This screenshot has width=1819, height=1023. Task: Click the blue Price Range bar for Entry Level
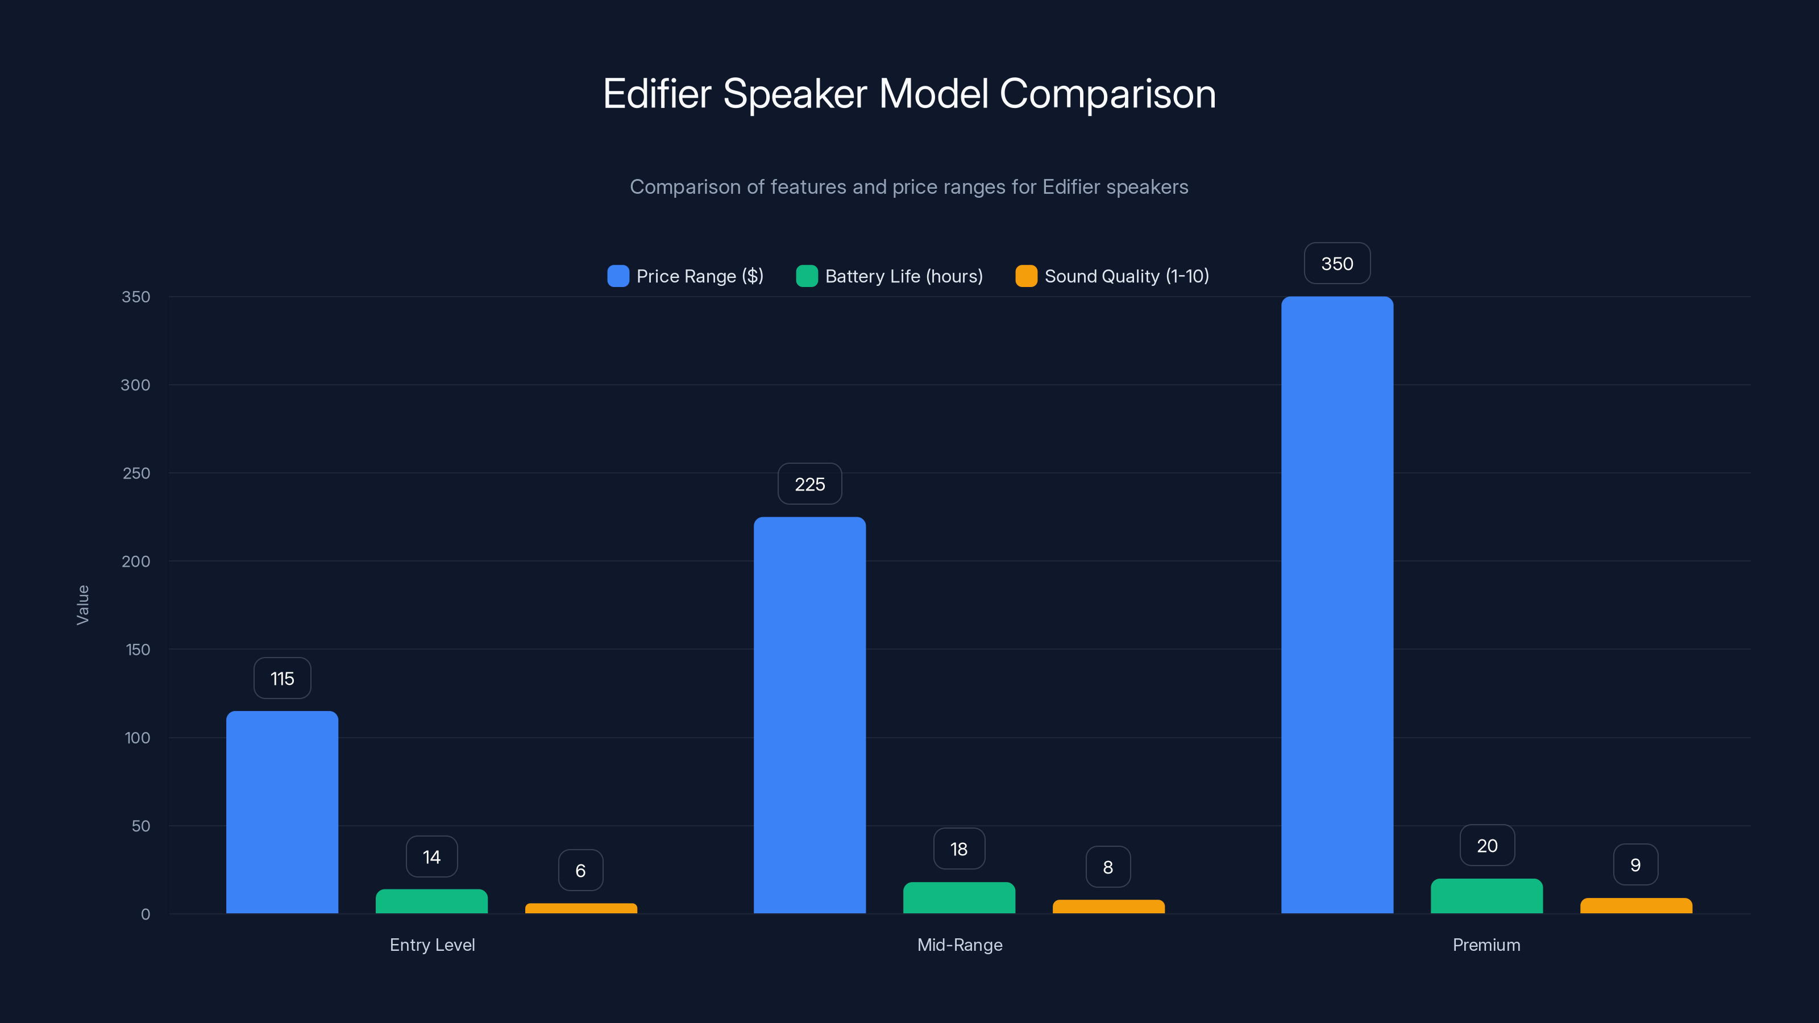click(x=282, y=812)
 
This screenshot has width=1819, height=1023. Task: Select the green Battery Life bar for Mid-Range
click(x=959, y=898)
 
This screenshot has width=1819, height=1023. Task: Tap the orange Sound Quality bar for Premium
click(x=1635, y=906)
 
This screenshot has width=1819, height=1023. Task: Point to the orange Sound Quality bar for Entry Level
click(x=580, y=909)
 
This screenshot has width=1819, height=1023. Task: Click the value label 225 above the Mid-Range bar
click(x=809, y=484)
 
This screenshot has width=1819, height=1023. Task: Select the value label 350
click(x=1337, y=264)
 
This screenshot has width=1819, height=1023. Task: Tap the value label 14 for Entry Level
click(x=431, y=857)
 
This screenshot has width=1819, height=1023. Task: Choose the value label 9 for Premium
click(x=1635, y=865)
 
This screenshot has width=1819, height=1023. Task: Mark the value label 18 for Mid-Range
click(x=959, y=849)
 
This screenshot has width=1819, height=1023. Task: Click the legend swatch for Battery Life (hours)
click(x=807, y=276)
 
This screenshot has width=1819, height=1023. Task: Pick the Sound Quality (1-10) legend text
click(x=1126, y=276)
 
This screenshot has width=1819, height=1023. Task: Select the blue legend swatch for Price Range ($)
click(x=618, y=276)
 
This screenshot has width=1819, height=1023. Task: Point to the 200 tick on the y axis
click(x=136, y=562)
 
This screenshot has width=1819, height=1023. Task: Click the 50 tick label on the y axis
click(x=140, y=826)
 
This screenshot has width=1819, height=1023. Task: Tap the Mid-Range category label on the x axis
click(x=960, y=945)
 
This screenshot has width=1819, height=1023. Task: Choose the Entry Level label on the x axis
click(x=432, y=945)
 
